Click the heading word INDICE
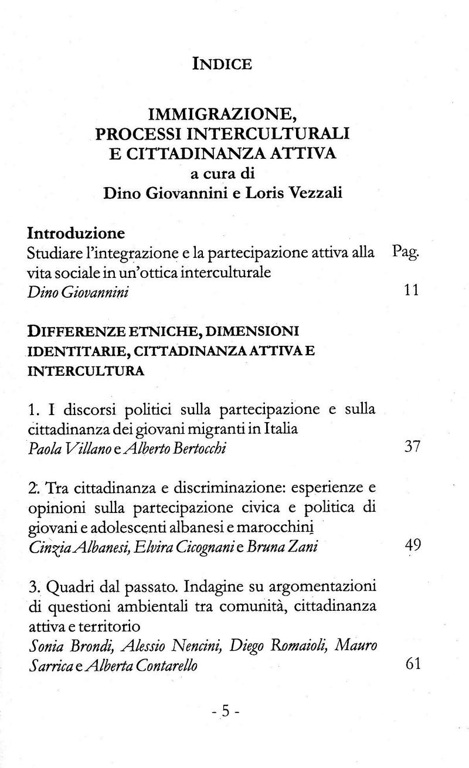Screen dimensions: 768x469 (222, 63)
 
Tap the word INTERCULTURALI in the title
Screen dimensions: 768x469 (280, 132)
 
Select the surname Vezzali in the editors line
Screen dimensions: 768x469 (315, 194)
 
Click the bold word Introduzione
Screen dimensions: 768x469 (76, 233)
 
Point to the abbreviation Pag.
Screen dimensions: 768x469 (405, 253)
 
